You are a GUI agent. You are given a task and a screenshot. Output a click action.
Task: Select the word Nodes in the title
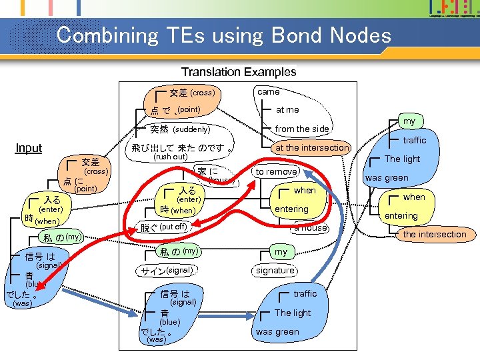358,35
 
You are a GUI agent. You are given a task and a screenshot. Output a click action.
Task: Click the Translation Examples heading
239,71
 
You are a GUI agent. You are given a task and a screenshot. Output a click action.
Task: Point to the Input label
29,148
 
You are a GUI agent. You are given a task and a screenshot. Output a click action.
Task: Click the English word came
268,91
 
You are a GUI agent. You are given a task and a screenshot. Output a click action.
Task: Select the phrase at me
287,109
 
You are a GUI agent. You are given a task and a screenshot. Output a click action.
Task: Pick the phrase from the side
302,129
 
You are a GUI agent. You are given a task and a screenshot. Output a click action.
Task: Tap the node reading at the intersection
312,147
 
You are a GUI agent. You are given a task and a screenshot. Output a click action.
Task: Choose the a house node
311,228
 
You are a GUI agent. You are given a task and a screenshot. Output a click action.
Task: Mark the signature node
275,270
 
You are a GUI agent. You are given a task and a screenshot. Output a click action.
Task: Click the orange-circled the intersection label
434,234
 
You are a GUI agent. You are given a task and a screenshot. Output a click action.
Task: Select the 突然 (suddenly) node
180,129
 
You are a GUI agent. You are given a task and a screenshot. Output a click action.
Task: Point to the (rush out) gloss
171,157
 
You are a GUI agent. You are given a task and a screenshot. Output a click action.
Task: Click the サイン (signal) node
167,271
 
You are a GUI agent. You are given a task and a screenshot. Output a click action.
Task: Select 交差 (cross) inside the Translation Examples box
192,93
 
